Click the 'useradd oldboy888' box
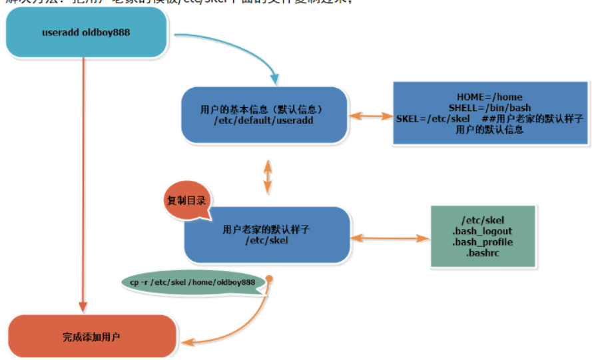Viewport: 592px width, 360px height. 86,33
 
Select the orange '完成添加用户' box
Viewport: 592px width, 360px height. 92,337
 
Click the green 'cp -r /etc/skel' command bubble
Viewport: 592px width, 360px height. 192,283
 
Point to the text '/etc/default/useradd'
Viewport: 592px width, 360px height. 264,120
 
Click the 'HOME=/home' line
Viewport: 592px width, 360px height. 489,97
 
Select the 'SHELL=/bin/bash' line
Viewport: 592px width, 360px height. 489,108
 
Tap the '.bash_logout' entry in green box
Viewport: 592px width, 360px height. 482,232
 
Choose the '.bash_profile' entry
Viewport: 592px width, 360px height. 482,242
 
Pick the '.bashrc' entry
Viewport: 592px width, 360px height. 482,253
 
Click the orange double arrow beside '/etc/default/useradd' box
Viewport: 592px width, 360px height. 372,116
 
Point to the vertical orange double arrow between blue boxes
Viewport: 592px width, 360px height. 268,176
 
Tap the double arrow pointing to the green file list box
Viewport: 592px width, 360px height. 389,237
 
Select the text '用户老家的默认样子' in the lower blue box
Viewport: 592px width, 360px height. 266,229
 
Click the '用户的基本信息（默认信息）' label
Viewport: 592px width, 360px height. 264,108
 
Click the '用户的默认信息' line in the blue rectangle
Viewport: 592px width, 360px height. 489,130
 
